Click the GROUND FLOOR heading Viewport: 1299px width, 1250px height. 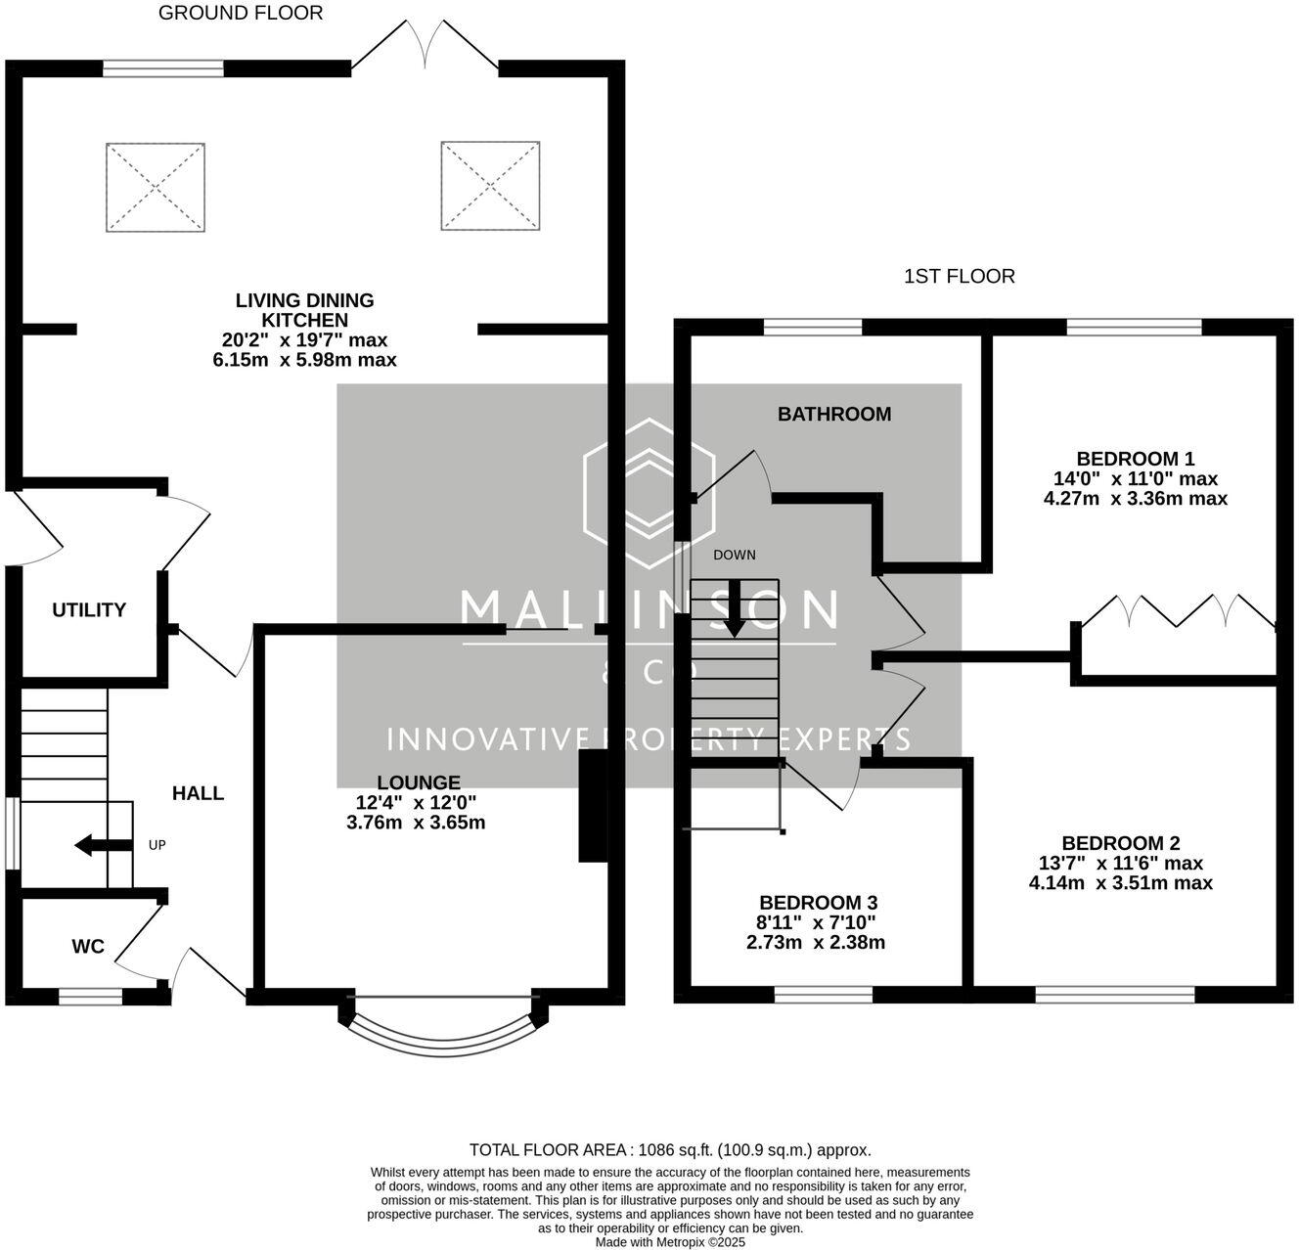pyautogui.click(x=241, y=13)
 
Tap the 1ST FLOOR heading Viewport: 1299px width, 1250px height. pyautogui.click(x=959, y=276)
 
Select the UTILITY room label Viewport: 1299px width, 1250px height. pyautogui.click(x=89, y=610)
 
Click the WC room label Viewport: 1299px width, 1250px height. pyautogui.click(x=88, y=947)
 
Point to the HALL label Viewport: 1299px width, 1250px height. pyautogui.click(x=198, y=793)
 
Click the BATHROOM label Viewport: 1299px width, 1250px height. pyautogui.click(x=833, y=415)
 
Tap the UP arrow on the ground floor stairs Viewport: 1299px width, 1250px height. pyautogui.click(x=104, y=846)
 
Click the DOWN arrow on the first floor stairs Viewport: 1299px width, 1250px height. pyautogui.click(x=735, y=608)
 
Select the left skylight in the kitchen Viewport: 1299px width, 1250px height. pyautogui.click(x=156, y=188)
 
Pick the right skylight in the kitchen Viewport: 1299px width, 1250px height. pyautogui.click(x=490, y=186)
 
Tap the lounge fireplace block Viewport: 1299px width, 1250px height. pyautogui.click(x=592, y=806)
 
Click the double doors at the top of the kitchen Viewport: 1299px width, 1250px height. pyautogui.click(x=426, y=44)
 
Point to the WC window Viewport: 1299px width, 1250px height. pyautogui.click(x=90, y=997)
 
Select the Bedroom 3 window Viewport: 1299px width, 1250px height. pyautogui.click(x=824, y=995)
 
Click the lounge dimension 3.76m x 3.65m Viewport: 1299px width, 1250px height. pyautogui.click(x=416, y=823)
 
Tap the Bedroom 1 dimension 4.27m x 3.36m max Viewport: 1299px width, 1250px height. pyautogui.click(x=1135, y=499)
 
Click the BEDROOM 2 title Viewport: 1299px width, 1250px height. pyautogui.click(x=1121, y=843)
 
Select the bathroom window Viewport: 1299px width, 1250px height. pyautogui.click(x=813, y=327)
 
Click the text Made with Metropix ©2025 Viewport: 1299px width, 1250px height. pyautogui.click(x=670, y=1242)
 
